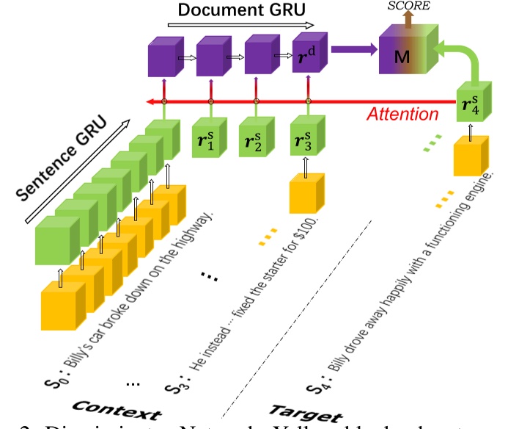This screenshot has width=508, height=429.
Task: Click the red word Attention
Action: (402, 114)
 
